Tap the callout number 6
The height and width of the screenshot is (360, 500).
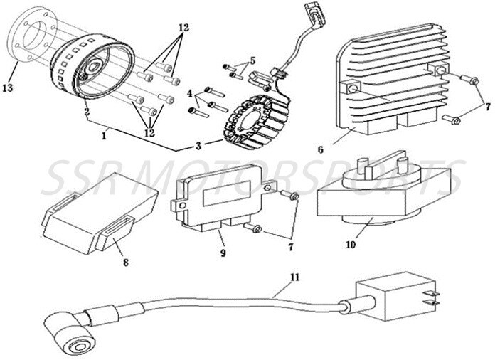coord(320,150)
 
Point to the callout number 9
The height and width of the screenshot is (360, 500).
coord(223,253)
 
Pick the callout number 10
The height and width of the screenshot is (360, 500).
coord(351,245)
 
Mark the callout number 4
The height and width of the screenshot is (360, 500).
coord(191,93)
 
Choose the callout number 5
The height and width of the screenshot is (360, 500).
coord(252,60)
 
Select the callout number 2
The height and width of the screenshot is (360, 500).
coord(86,112)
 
